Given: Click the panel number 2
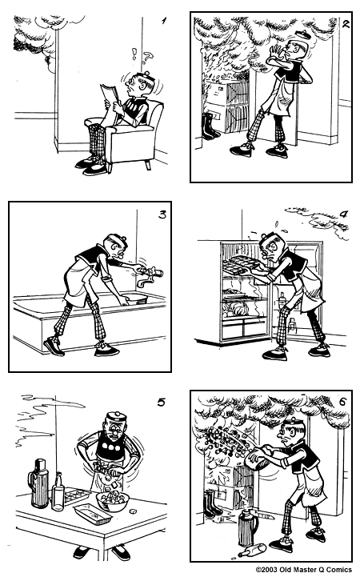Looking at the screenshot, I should (x=345, y=23).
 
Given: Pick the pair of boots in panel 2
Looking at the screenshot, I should (x=210, y=126).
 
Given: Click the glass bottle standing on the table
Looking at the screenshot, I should (x=58, y=491).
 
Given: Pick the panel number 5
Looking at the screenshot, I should (x=161, y=402).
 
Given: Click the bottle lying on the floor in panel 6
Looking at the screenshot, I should (x=250, y=550).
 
